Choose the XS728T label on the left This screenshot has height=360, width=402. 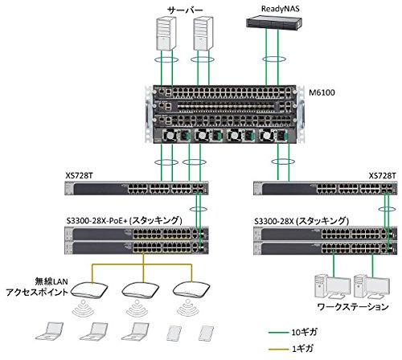(x=80, y=175)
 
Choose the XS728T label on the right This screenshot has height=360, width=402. (x=382, y=175)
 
